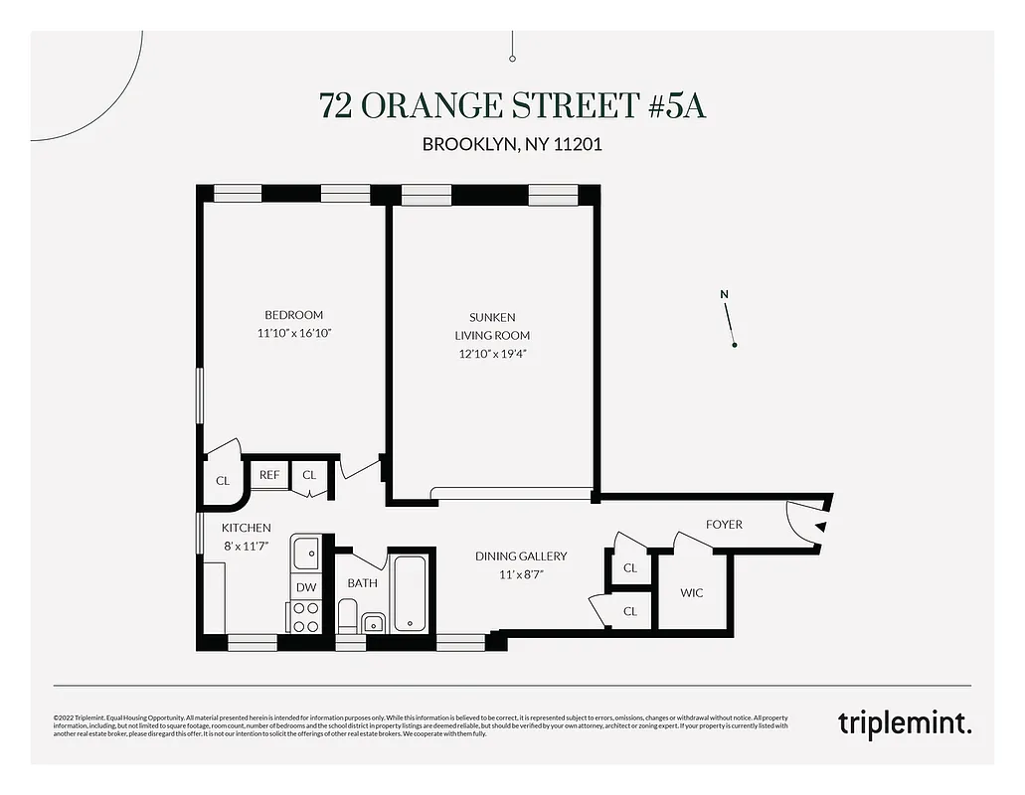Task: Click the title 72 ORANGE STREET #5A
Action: click(x=512, y=104)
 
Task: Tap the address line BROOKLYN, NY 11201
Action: click(x=512, y=144)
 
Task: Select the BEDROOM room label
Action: click(x=293, y=315)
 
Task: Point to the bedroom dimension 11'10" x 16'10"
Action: click(x=293, y=334)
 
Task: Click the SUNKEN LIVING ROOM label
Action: click(x=492, y=326)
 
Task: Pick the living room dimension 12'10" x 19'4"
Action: click(x=492, y=353)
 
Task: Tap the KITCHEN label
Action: click(x=246, y=528)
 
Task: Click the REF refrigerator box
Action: click(x=269, y=475)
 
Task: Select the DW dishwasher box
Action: click(x=306, y=587)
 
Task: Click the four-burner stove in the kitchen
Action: click(x=306, y=617)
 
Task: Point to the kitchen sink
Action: click(x=306, y=550)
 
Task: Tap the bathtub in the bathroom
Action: click(x=410, y=593)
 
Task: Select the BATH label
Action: click(x=362, y=583)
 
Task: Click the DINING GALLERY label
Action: click(x=521, y=556)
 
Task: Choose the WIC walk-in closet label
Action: click(x=692, y=592)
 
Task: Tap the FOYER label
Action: click(x=724, y=525)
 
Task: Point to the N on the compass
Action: click(x=725, y=294)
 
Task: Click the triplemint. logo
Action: click(x=904, y=722)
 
